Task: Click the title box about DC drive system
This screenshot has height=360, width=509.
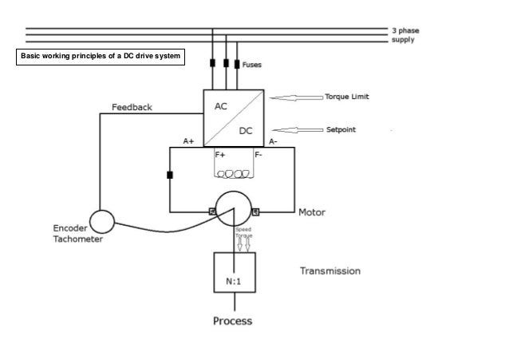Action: (101, 58)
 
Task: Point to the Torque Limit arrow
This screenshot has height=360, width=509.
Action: (294, 97)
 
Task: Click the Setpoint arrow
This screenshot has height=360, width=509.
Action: (294, 129)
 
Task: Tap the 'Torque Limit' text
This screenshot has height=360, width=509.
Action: (346, 97)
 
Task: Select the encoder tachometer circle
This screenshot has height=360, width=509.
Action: (102, 221)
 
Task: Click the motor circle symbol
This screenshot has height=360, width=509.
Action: (233, 209)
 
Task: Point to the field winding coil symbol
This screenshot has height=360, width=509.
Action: (234, 173)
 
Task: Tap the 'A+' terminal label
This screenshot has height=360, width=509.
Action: (189, 140)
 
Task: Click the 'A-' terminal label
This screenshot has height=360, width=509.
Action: (273, 140)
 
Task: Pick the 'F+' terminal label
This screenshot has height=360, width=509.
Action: (220, 153)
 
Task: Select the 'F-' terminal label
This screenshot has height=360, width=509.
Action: (258, 153)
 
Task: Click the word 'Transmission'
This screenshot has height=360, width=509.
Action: (329, 271)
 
